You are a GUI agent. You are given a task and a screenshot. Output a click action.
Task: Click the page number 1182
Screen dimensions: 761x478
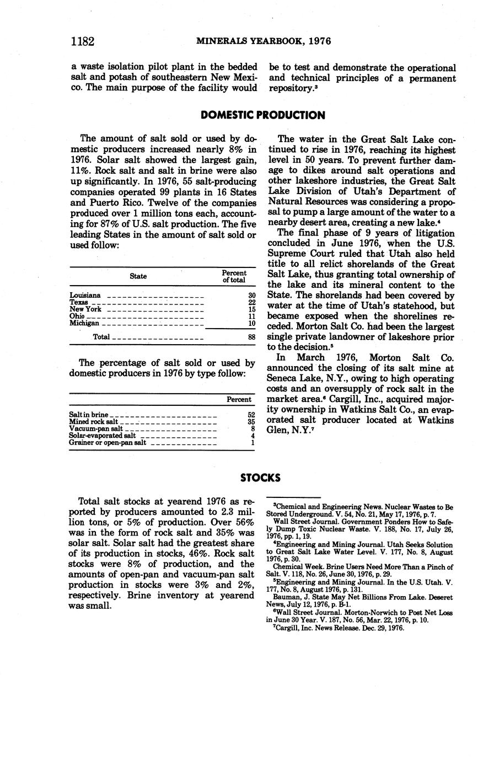(83, 41)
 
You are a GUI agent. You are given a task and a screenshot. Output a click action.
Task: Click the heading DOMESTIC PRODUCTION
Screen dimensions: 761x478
(262, 115)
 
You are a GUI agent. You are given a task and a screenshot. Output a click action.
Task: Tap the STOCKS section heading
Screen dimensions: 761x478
(260, 478)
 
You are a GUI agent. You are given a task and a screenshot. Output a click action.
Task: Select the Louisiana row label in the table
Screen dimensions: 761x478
(85, 296)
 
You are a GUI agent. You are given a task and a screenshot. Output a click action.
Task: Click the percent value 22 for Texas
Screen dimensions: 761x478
(252, 303)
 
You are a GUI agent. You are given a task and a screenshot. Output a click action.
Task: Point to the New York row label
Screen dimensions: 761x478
(85, 309)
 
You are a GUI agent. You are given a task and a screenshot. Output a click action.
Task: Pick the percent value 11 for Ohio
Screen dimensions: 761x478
(252, 317)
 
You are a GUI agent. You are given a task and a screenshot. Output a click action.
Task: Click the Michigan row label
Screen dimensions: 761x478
(84, 323)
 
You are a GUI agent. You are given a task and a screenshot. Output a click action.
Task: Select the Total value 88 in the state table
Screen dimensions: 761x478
(251, 336)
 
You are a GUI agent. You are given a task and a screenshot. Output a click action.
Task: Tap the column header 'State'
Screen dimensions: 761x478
(138, 276)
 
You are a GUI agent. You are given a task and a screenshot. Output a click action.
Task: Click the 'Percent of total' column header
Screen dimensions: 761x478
(234, 276)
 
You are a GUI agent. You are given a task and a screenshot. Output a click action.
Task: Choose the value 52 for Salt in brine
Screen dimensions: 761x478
(251, 415)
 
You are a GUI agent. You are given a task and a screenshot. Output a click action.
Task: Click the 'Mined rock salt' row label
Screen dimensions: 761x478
(94, 422)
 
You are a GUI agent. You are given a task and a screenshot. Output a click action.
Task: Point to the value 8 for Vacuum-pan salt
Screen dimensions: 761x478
(253, 428)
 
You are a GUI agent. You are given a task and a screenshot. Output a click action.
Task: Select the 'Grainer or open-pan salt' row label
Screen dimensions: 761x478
(108, 442)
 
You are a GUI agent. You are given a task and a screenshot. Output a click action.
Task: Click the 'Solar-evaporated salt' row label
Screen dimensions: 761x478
(103, 436)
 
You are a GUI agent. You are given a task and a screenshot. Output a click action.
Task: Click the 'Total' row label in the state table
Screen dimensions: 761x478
(101, 336)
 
